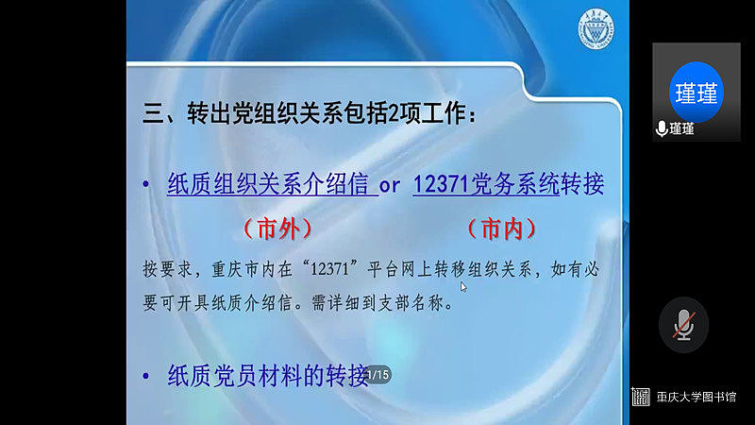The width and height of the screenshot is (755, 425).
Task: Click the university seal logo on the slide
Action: point(596,29)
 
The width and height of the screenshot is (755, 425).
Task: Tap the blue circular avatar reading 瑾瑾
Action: point(696,92)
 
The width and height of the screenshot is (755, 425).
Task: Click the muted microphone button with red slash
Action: point(683,325)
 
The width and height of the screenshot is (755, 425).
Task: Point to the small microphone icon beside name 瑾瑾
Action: point(662,128)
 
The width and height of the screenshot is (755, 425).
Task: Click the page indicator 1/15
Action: point(377,375)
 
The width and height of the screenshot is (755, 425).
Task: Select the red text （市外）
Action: point(277,228)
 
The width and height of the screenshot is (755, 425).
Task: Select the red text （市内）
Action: point(502,228)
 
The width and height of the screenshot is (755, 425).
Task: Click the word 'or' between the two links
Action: point(390,185)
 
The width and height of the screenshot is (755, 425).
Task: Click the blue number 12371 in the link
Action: point(441,184)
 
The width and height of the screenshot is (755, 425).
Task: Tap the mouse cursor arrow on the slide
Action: point(463,287)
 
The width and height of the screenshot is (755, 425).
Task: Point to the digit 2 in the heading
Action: point(393,114)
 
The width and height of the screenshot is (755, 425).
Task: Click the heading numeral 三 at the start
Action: point(154,114)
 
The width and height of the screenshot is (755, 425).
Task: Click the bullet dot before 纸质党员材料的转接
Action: point(146,376)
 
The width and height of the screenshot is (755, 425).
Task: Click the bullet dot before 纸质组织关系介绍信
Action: point(146,183)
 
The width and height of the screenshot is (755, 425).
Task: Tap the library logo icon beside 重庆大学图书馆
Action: point(641,397)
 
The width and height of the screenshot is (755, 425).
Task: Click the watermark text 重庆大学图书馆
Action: point(696,397)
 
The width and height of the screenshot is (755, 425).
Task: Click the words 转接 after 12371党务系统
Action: point(581,184)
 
